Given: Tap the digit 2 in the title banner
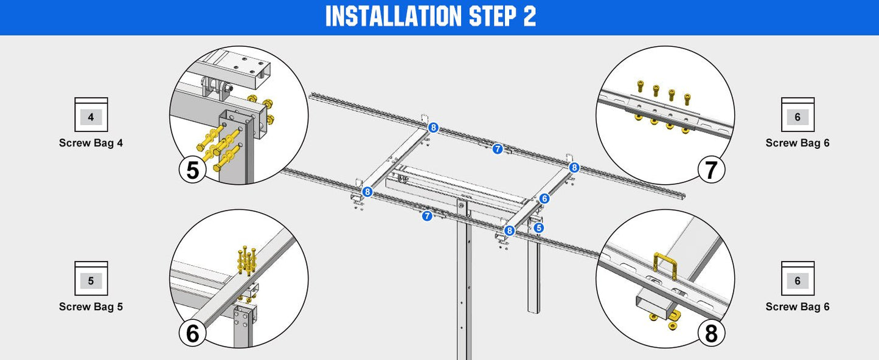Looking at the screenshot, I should [529, 17].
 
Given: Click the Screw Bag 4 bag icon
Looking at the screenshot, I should [91, 115].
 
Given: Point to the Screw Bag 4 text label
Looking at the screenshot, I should [91, 144].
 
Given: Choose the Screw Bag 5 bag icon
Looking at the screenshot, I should [91, 279].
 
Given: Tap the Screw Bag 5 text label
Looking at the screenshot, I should [91, 307].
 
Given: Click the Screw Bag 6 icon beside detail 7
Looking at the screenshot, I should [797, 115].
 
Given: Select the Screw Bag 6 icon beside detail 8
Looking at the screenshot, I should [797, 279].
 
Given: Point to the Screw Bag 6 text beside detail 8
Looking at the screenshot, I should [797, 307].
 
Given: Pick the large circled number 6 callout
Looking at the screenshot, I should [193, 334].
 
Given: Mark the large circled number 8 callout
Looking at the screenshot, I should [711, 334].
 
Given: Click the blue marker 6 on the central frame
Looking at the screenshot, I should [544, 198].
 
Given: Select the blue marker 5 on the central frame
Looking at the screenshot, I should [538, 228].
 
